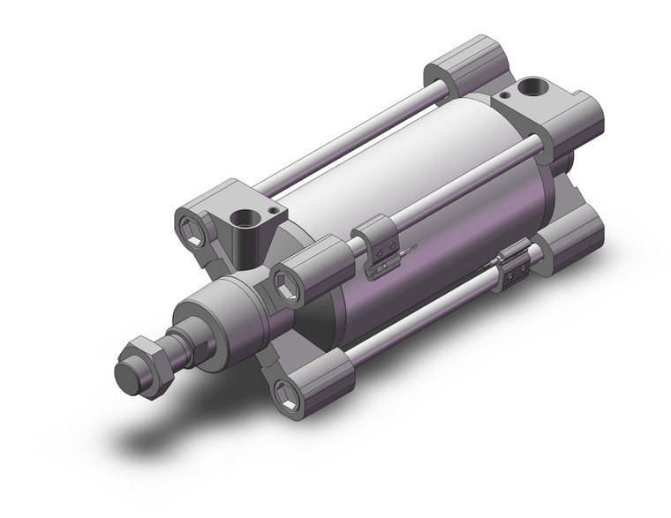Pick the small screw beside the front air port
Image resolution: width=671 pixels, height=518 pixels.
(274, 211)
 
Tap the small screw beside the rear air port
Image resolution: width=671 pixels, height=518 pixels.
(504, 93)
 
